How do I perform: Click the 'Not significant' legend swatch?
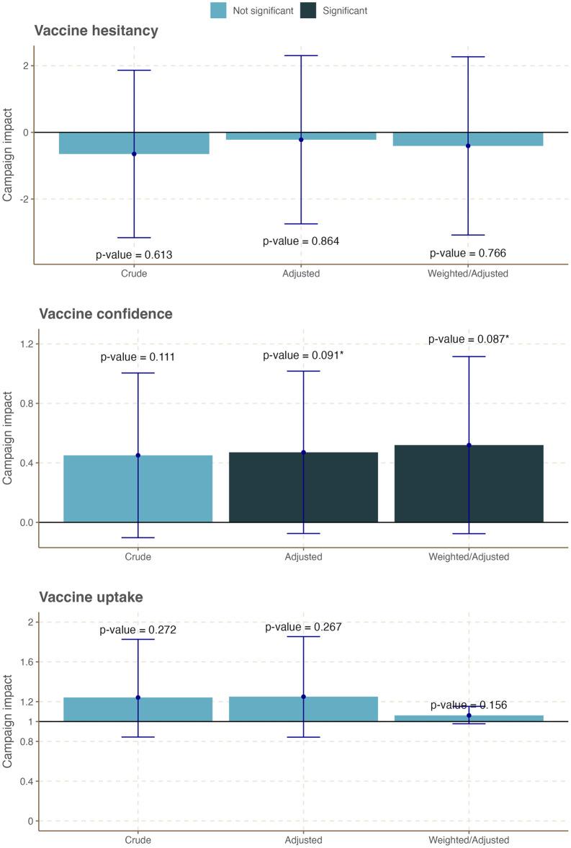tap(219, 10)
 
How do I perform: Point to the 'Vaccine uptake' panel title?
tap(91, 597)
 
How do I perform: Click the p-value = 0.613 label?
tap(134, 254)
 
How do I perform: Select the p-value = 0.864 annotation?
tap(301, 241)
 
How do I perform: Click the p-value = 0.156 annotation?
tap(469, 705)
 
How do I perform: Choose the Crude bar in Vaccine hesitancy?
tap(134, 143)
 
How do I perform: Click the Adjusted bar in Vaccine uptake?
tap(303, 709)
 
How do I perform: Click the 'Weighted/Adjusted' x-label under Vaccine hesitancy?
tap(468, 274)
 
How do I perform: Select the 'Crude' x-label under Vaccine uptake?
tap(138, 840)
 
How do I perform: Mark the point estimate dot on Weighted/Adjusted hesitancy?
tap(468, 146)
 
